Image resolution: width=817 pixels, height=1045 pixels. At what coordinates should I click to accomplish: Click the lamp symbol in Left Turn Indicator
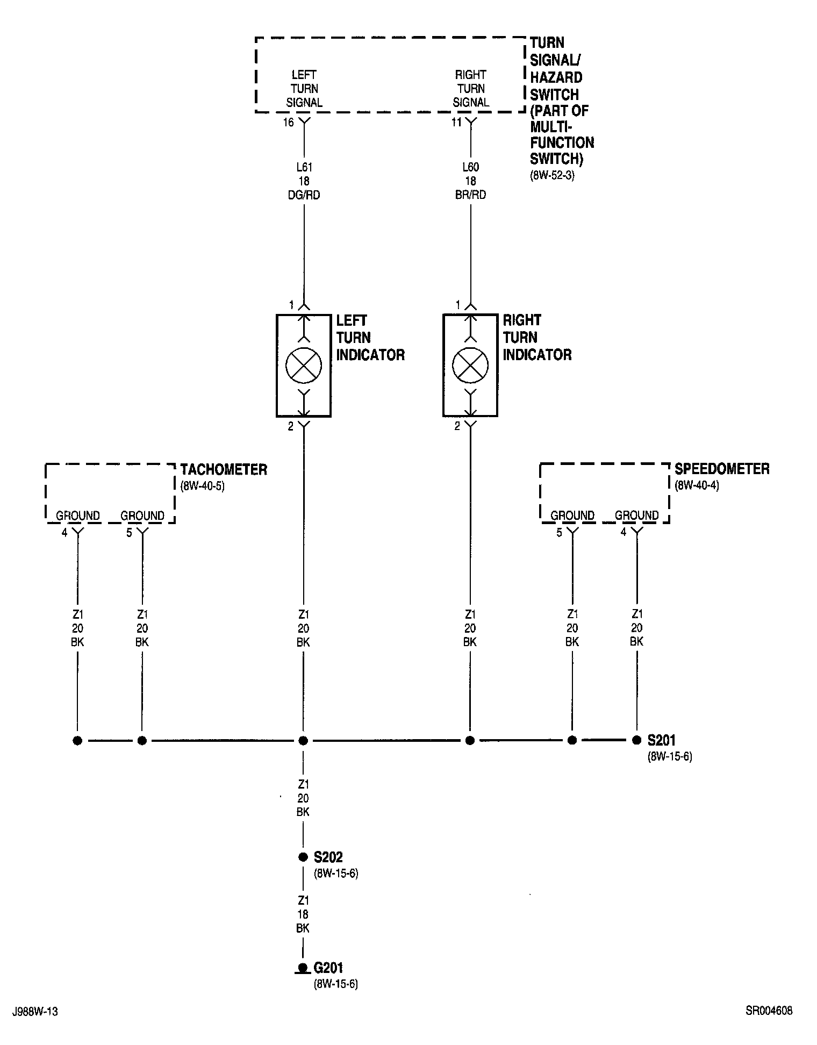click(x=304, y=366)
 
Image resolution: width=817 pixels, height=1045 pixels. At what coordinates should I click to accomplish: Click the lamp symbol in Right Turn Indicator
click(x=470, y=366)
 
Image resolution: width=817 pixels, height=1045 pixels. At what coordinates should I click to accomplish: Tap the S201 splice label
click(x=661, y=740)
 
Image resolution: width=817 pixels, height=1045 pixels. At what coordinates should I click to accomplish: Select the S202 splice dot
click(x=303, y=857)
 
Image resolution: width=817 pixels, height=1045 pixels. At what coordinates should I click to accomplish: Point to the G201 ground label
click(x=328, y=968)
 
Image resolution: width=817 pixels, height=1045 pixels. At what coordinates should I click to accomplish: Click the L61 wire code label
click(x=304, y=168)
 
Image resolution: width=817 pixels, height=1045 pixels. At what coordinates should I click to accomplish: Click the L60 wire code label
click(x=470, y=168)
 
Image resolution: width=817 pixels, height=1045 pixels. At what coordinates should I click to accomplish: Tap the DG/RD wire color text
click(x=304, y=195)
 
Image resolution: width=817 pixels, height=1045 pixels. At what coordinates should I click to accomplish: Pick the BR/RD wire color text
click(x=470, y=195)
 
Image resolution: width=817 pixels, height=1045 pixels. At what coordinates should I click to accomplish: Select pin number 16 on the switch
click(x=289, y=123)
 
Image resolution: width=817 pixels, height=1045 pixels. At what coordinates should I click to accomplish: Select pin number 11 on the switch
click(x=456, y=123)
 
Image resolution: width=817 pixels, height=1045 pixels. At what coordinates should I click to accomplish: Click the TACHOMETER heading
click(x=224, y=469)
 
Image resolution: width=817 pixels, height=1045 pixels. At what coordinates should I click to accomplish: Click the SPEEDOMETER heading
click(x=722, y=469)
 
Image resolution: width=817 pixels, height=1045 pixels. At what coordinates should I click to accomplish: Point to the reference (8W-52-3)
click(x=552, y=175)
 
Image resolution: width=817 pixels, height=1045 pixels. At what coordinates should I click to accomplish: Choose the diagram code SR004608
click(x=769, y=1011)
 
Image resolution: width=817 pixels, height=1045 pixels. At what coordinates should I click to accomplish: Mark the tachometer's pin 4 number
click(x=64, y=533)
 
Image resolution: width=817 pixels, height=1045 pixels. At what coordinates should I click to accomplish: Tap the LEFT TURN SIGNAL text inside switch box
click(x=304, y=89)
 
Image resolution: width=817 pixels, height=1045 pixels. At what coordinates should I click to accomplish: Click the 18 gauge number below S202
click(x=303, y=914)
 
